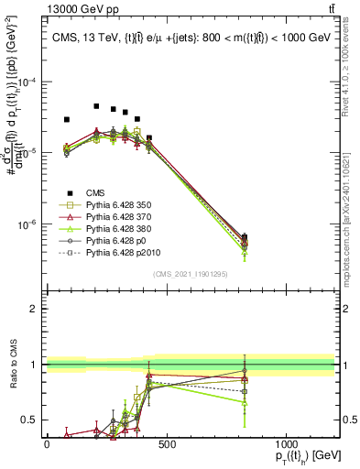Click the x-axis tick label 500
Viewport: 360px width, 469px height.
166,443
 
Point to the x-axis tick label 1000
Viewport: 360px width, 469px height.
285,443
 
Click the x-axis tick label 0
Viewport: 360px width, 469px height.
47,443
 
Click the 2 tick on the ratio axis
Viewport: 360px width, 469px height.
35,309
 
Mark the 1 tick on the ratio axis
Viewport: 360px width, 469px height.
35,365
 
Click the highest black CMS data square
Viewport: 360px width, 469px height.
96,106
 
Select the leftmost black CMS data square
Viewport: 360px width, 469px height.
66,120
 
